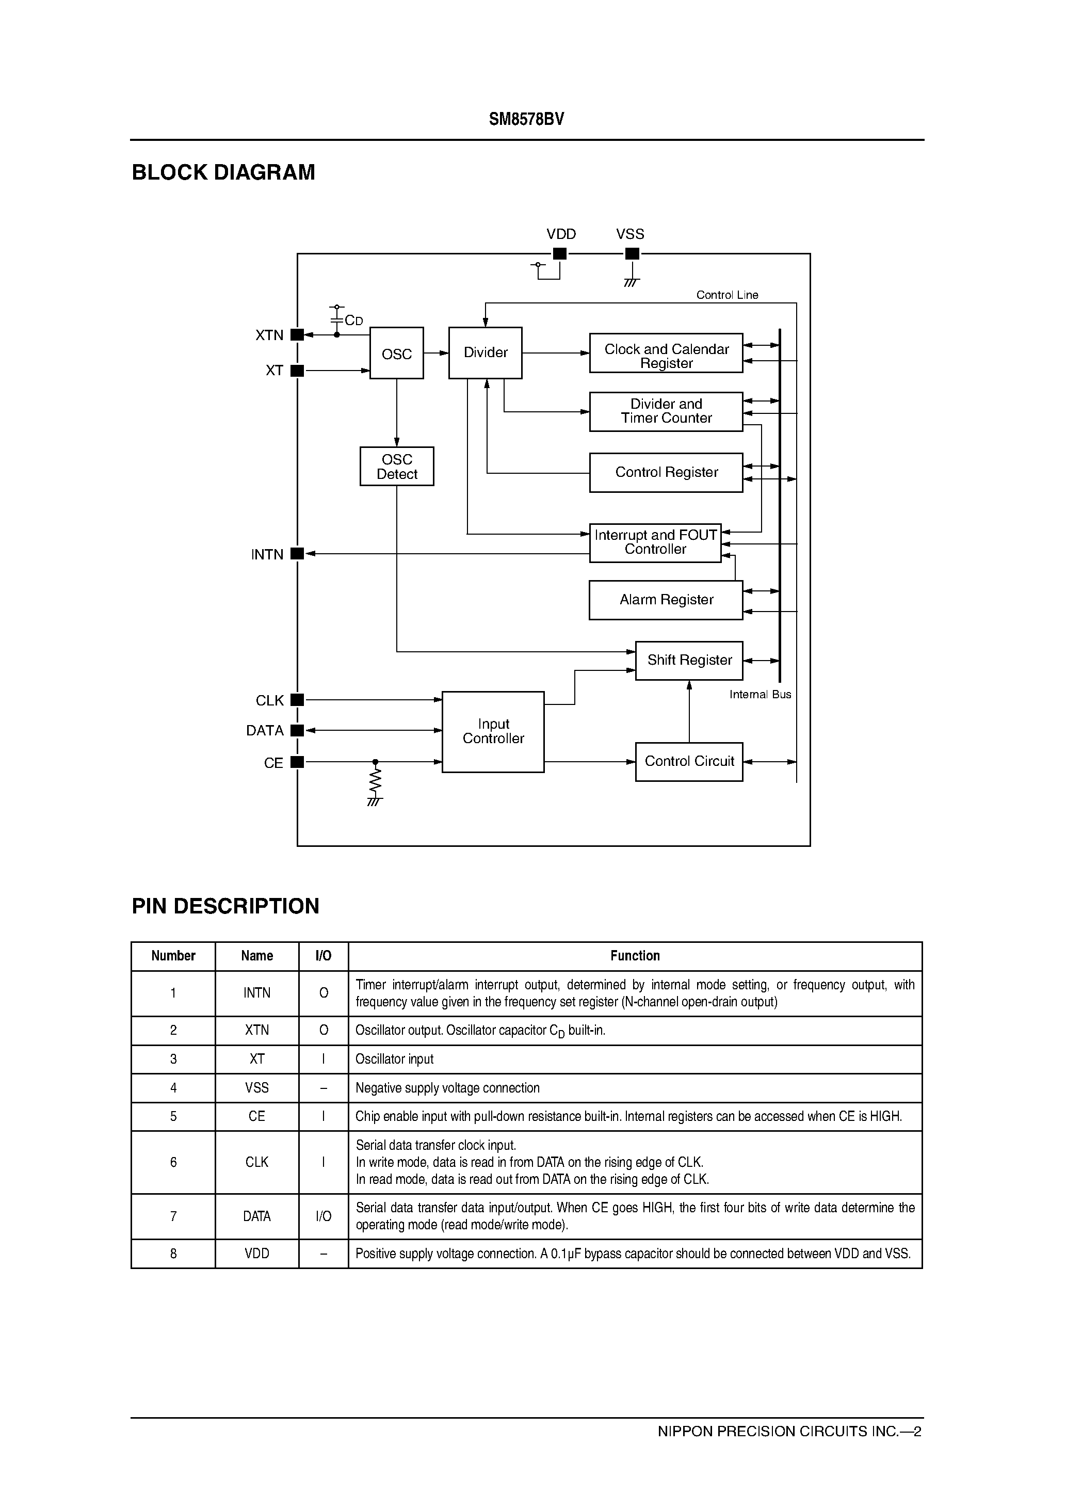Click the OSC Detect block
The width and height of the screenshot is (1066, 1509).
396,467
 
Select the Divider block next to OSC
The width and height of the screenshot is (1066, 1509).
485,353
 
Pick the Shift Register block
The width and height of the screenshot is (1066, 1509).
689,661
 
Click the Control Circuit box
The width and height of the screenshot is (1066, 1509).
689,762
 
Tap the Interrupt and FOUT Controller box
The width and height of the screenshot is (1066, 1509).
655,543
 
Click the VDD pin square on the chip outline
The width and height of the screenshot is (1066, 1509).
560,254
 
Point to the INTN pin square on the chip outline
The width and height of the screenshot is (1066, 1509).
297,554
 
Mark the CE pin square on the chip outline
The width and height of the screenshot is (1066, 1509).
297,762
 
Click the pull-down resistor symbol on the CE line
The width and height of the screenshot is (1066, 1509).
375,781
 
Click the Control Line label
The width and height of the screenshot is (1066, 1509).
727,295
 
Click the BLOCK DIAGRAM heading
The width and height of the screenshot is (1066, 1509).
223,172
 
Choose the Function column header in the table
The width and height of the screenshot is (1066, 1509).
635,956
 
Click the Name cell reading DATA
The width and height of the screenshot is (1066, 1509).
256,1216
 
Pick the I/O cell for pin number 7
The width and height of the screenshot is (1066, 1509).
324,1216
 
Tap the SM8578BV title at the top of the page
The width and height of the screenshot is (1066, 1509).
526,120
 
